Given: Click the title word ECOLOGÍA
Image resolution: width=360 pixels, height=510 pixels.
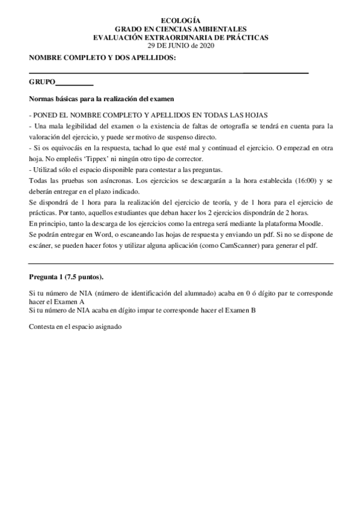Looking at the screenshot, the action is pyautogui.click(x=180, y=20).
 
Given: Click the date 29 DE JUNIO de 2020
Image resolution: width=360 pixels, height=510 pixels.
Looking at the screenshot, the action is pyautogui.click(x=180, y=45).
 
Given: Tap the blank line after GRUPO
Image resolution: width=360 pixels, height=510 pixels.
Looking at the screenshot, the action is pyautogui.click(x=74, y=84).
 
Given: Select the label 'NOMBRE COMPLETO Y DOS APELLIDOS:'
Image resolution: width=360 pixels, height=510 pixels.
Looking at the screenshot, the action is pyautogui.click(x=102, y=57).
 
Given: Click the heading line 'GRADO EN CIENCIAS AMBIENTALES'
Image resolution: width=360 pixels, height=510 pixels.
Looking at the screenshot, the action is pyautogui.click(x=180, y=29).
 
